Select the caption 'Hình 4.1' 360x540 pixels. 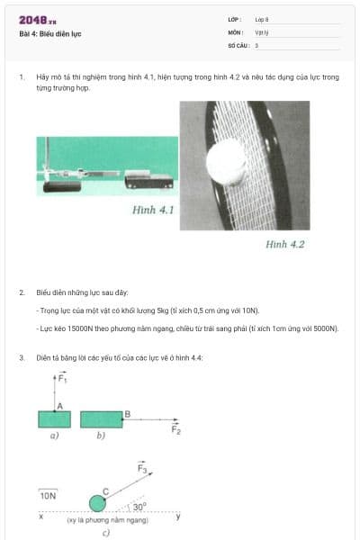tap(152, 210)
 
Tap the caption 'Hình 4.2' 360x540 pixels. tap(285, 243)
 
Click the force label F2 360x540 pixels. tap(176, 429)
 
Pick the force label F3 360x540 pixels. tap(144, 469)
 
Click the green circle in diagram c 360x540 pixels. tap(97, 502)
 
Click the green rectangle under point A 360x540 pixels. tap(54, 419)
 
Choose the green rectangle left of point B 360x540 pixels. tap(101, 419)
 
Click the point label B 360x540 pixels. tap(127, 413)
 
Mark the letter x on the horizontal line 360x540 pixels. tap(40, 516)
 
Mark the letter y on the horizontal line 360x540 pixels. tap(177, 516)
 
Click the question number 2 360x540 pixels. tap(22, 292)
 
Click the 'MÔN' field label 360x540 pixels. tap(236, 31)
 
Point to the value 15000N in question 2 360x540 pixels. tap(84, 329)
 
